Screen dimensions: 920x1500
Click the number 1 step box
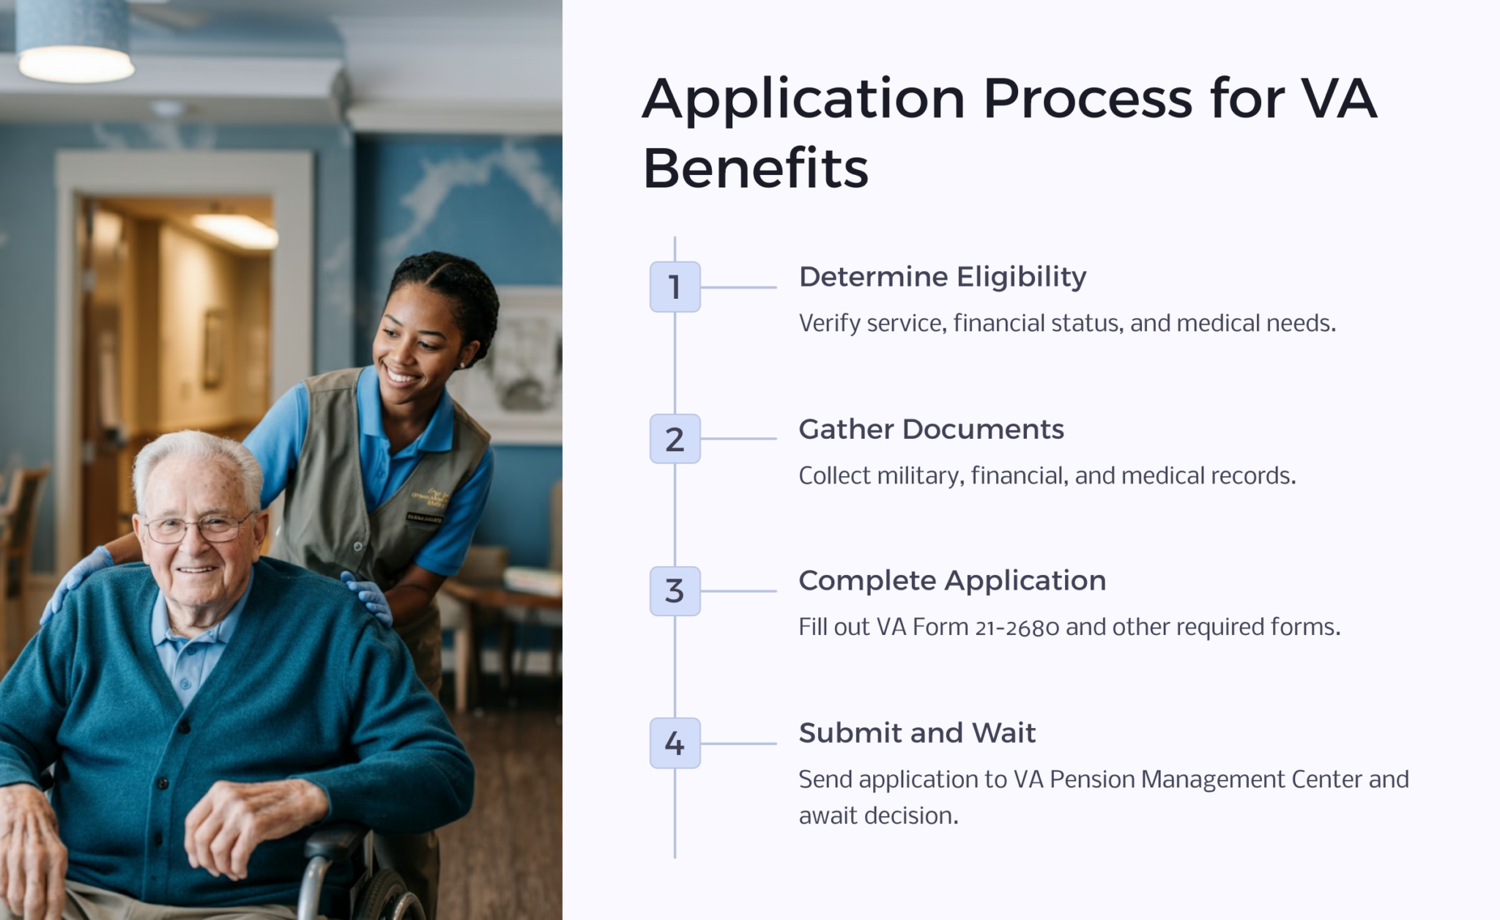coord(675,287)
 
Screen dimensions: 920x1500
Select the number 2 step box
coord(675,439)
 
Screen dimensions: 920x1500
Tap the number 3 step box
coord(675,591)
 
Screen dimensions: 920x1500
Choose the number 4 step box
coord(675,743)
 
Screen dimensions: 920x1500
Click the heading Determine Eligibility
coord(942,277)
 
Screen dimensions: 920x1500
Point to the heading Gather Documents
coord(931,429)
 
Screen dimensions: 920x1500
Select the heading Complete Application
coord(951,581)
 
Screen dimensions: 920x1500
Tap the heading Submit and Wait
coord(917,733)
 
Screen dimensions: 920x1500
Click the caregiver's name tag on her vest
coord(424,518)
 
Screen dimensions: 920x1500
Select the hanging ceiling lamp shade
coord(74,40)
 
